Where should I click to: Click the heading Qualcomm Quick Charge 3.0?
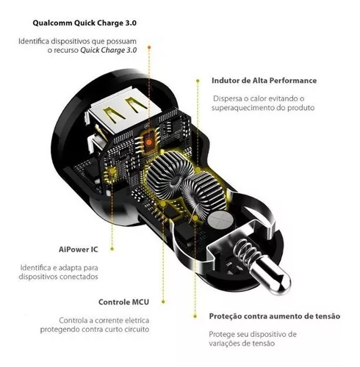(84, 23)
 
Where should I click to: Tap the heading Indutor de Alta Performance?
(264, 81)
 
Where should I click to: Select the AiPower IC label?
(79, 250)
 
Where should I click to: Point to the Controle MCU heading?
(123, 302)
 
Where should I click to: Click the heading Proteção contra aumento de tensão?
(275, 316)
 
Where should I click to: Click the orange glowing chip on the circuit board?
(148, 142)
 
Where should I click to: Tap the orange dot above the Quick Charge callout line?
(149, 47)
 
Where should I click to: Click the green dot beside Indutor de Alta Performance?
(198, 81)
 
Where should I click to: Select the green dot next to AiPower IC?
(112, 249)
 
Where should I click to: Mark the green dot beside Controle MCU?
(163, 302)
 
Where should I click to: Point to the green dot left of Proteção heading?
(195, 316)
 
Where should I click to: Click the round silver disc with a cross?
(220, 219)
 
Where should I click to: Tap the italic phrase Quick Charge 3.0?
(109, 51)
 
